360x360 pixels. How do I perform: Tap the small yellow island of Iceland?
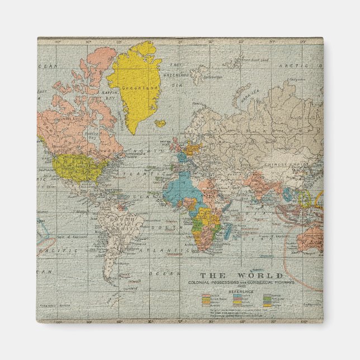tap(160, 123)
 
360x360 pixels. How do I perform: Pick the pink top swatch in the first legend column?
tap(207, 296)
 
